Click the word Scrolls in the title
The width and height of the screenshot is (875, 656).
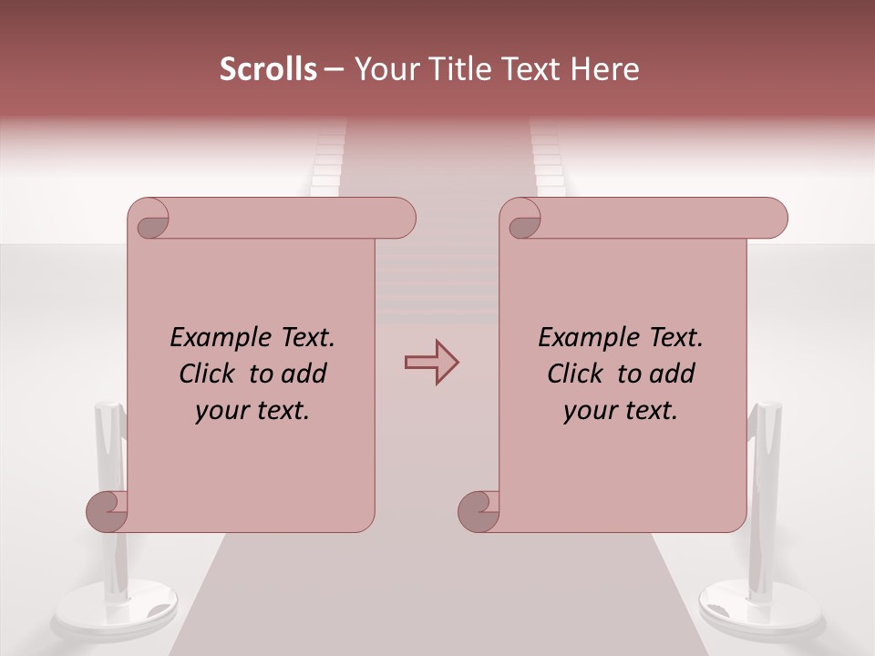tap(268, 69)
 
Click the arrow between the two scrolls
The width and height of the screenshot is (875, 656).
tap(431, 363)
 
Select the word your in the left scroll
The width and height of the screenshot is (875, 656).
tap(221, 412)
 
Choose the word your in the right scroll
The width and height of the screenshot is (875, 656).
tap(590, 412)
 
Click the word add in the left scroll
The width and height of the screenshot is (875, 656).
tap(304, 374)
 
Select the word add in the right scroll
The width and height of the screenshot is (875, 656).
tap(673, 374)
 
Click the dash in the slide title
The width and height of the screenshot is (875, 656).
tap(334, 69)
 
